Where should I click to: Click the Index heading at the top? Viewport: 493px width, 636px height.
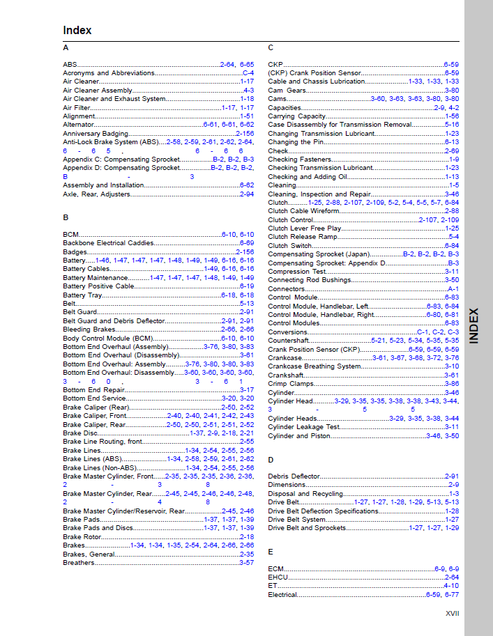click(x=77, y=31)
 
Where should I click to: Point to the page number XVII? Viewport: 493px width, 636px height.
click(x=452, y=613)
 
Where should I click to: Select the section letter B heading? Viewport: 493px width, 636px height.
click(x=66, y=217)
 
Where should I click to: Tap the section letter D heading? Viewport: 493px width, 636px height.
click(x=271, y=460)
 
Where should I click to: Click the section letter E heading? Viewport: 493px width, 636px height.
click(x=271, y=551)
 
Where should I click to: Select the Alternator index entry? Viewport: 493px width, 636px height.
click(x=78, y=125)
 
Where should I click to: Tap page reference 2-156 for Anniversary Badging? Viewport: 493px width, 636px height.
click(x=245, y=133)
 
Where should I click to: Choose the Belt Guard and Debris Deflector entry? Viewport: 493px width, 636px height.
click(x=114, y=321)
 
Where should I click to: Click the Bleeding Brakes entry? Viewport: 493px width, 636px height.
click(x=89, y=329)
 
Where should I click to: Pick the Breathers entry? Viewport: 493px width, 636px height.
click(x=78, y=563)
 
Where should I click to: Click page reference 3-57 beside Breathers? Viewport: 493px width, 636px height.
click(x=247, y=563)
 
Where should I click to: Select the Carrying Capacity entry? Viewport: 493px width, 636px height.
click(x=297, y=116)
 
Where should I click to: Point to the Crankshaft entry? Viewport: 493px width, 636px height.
click(x=285, y=375)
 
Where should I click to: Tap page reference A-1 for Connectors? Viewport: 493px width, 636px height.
click(x=453, y=288)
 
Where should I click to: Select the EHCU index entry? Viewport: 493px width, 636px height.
click(x=278, y=577)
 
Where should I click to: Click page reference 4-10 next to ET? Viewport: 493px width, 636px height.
click(x=451, y=586)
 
